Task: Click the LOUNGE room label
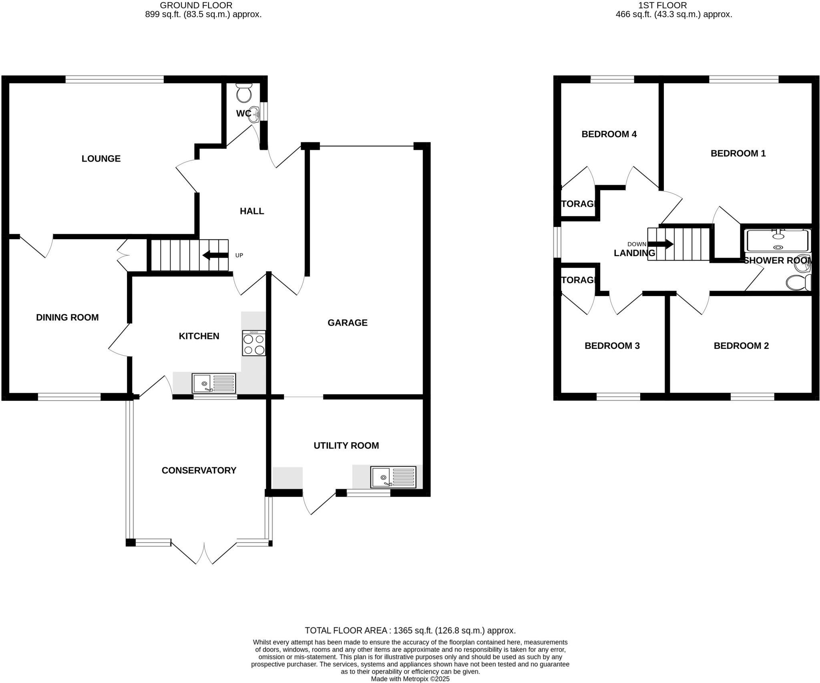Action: click(101, 158)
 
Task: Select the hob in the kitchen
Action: click(254, 343)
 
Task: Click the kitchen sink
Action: click(214, 383)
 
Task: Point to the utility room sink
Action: click(393, 477)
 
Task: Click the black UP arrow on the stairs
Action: click(215, 255)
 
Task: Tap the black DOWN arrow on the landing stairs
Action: click(661, 244)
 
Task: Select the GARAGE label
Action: click(347, 322)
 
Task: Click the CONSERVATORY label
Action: click(199, 470)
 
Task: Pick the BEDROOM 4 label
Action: click(609, 134)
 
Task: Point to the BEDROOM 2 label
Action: click(741, 346)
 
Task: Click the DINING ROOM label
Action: click(67, 317)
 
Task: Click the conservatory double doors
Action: click(204, 553)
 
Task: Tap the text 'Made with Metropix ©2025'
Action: click(410, 679)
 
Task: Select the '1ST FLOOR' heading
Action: click(673, 5)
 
